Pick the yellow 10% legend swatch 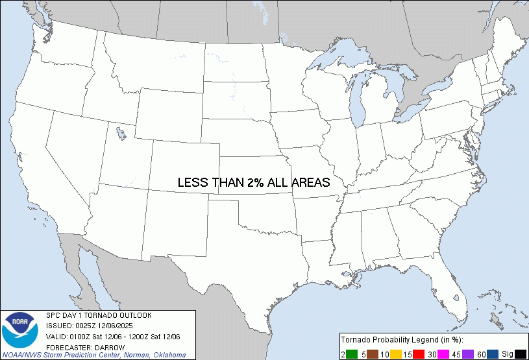click(395, 354)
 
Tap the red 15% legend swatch click(419, 354)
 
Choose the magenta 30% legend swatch click(443, 354)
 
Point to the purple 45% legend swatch click(467, 354)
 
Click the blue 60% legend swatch click(491, 354)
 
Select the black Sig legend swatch click(520, 354)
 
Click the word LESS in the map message click(193, 183)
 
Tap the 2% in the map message click(254, 183)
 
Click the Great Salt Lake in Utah click(121, 134)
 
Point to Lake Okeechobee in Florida click(458, 298)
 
